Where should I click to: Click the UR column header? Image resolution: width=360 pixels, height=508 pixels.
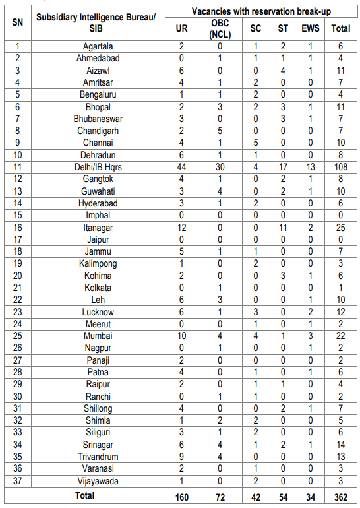[x=182, y=28]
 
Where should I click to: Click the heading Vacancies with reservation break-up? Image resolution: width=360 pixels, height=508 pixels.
[x=260, y=11]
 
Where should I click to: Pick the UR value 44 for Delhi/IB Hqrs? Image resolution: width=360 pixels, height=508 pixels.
[x=182, y=167]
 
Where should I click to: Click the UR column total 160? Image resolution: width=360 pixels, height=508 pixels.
[x=182, y=496]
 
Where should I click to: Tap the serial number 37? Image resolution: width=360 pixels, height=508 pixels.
[x=17, y=481]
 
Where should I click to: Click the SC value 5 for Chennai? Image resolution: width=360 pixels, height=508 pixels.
[x=255, y=143]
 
